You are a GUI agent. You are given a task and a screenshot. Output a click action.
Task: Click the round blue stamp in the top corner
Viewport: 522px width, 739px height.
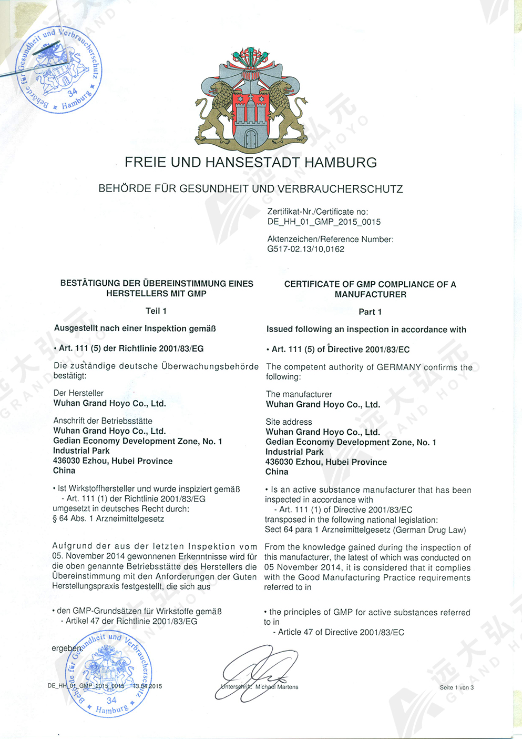click(58, 69)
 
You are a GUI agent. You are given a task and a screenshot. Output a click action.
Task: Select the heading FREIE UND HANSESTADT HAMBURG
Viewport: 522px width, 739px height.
click(251, 163)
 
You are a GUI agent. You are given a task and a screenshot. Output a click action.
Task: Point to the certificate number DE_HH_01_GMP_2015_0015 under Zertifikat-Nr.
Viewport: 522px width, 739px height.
click(324, 222)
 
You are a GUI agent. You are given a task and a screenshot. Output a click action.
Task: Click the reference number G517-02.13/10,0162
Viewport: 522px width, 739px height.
click(305, 249)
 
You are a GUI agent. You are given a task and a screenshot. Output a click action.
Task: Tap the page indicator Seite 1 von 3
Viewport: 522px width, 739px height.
click(456, 687)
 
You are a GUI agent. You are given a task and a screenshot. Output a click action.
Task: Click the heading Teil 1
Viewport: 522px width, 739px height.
click(156, 311)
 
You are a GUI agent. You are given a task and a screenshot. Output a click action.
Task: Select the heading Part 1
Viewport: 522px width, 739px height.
click(370, 312)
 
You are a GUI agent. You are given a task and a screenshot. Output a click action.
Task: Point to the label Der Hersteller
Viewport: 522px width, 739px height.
click(78, 393)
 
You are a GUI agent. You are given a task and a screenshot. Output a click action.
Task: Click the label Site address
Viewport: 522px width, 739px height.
click(289, 422)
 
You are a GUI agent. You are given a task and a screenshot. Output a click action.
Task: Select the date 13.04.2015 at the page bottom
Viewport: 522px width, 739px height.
click(147, 686)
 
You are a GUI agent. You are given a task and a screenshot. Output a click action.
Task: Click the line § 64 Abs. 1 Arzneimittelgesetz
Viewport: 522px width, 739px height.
click(108, 519)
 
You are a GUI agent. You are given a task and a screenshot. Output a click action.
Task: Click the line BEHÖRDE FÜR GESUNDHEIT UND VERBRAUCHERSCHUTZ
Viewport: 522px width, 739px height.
click(251, 189)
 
